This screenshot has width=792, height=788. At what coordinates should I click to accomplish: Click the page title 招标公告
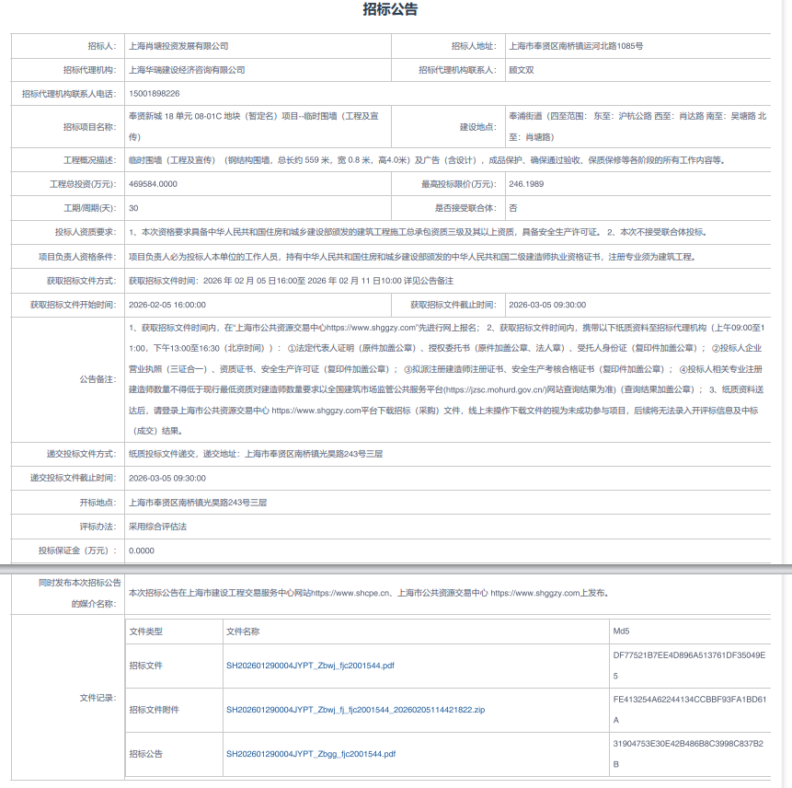(391, 10)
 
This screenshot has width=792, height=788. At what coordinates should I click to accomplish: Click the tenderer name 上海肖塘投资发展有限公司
(178, 46)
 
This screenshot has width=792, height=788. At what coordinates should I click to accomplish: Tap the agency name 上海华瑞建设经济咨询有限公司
(188, 70)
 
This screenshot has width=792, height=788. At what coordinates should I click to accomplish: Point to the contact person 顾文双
(522, 70)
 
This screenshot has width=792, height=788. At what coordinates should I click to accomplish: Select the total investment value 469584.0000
(153, 184)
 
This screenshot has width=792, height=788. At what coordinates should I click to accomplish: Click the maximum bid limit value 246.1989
(527, 184)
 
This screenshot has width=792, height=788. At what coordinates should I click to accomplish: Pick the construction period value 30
(134, 208)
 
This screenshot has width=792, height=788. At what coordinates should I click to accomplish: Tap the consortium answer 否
(512, 208)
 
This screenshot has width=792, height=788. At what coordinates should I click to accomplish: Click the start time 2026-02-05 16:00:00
(167, 305)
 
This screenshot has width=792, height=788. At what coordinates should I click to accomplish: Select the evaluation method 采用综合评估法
(158, 527)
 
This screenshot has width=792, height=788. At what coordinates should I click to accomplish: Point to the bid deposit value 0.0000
(142, 550)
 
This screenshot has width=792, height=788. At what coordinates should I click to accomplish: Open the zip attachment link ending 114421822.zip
(355, 710)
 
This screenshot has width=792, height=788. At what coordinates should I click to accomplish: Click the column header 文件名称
(243, 632)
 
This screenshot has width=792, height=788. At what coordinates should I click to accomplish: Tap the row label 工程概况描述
(89, 160)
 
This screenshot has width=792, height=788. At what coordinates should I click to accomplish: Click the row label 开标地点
(98, 503)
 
